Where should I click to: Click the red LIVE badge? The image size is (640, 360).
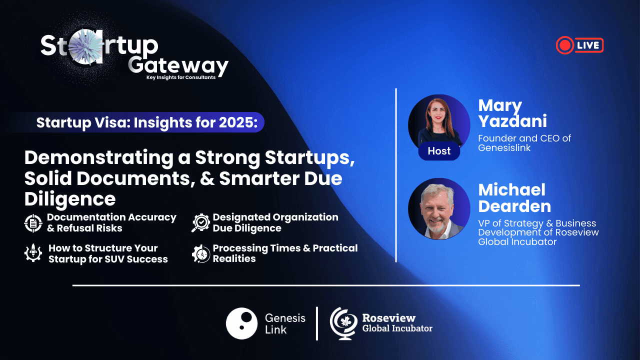click(579, 45)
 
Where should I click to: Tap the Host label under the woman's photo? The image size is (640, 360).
click(439, 151)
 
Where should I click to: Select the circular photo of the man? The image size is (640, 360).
click(439, 209)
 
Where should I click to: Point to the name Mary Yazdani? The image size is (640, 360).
click(513, 113)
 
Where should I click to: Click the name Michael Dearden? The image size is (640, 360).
click(514, 198)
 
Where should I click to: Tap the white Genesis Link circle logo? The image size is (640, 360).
click(241, 323)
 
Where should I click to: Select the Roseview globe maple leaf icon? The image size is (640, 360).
click(343, 323)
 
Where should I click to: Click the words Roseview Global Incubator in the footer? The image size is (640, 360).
click(397, 323)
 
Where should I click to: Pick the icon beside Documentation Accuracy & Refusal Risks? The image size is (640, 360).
click(33, 223)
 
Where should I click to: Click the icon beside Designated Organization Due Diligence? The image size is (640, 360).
click(200, 222)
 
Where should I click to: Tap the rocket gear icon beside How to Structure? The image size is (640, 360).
click(33, 253)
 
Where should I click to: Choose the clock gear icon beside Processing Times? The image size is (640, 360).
click(201, 253)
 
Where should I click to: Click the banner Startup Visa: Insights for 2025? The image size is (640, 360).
click(147, 122)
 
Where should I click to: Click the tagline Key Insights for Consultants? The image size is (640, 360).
click(181, 77)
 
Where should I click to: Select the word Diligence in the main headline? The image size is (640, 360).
click(70, 199)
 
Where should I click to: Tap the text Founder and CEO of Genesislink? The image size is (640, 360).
click(524, 143)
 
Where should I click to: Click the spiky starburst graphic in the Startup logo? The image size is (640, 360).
click(84, 46)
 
